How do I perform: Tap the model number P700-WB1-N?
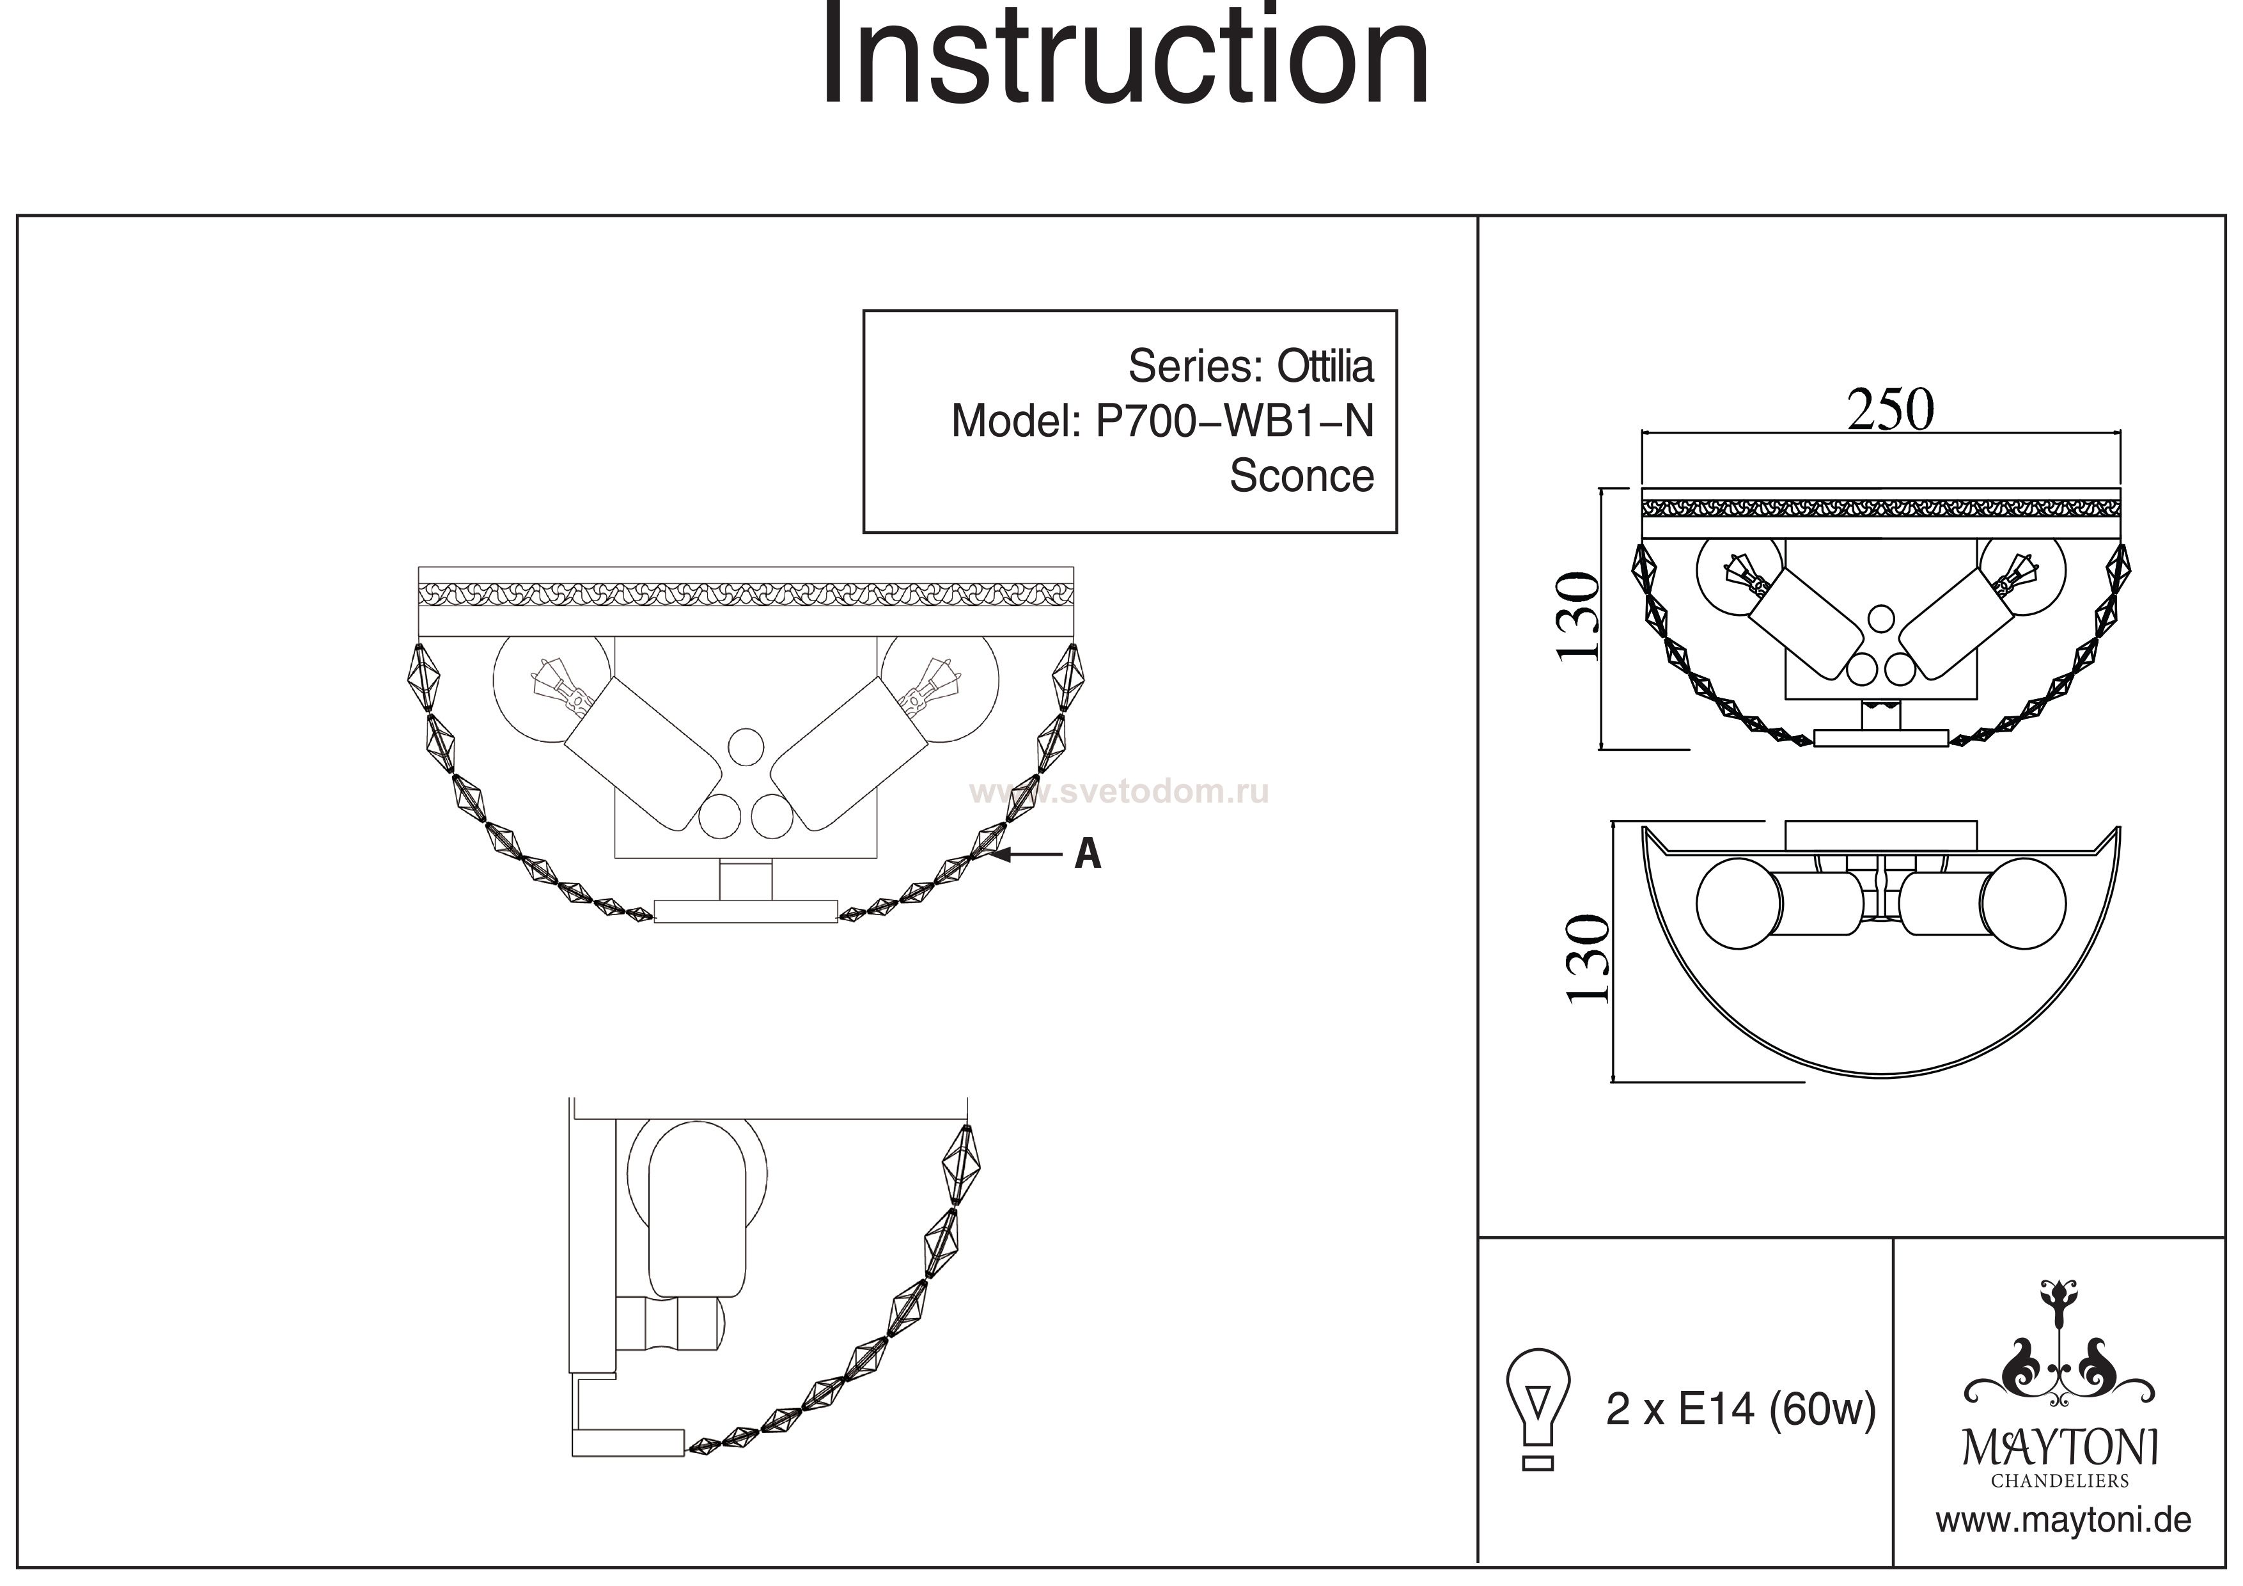tap(1234, 421)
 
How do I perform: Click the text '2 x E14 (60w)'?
tap(1740, 1410)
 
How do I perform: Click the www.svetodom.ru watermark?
tap(1118, 792)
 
